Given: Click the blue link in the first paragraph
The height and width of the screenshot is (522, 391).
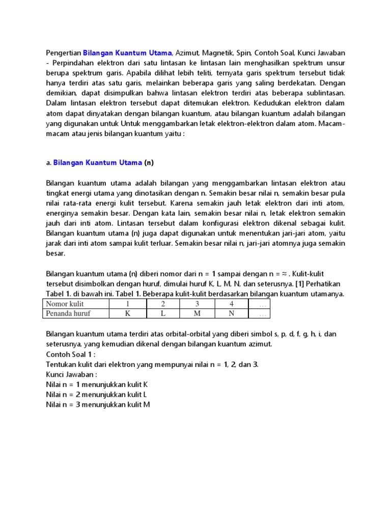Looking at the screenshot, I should click(x=127, y=53).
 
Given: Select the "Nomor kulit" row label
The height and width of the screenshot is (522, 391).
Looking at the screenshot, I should click(x=64, y=304).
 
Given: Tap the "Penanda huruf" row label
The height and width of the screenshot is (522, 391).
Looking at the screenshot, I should click(x=68, y=314).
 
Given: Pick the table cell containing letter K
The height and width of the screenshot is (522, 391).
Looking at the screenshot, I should click(x=127, y=314).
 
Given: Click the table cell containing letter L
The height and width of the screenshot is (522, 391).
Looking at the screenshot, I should click(x=163, y=314).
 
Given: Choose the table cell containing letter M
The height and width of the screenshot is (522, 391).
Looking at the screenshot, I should click(x=197, y=314).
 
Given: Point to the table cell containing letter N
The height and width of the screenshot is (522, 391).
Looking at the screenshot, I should click(x=231, y=314).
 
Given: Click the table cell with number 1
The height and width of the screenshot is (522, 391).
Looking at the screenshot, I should click(x=127, y=304).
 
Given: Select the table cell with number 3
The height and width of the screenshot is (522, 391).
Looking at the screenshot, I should click(x=197, y=304).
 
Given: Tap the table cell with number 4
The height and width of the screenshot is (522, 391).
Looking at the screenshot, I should click(x=231, y=304).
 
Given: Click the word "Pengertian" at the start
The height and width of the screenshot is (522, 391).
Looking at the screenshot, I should click(x=63, y=53).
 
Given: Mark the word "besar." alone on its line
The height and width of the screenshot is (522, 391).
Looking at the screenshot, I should click(x=55, y=253).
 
